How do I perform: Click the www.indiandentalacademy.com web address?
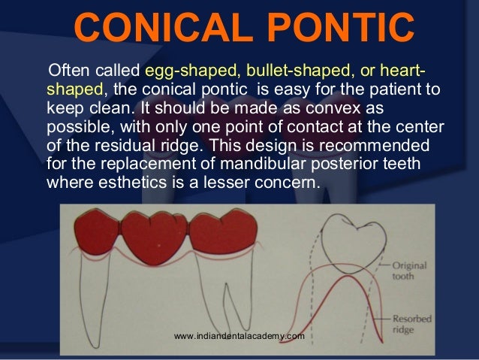pyautogui.click(x=239, y=336)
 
